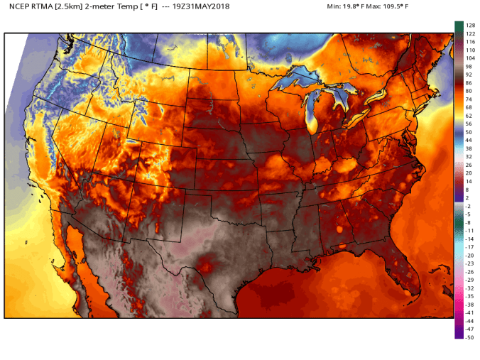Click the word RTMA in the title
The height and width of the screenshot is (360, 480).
[46, 6]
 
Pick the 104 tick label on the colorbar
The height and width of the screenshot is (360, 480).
[469, 58]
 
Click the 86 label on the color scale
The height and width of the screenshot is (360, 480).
[469, 82]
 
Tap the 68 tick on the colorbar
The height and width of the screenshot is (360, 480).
[469, 107]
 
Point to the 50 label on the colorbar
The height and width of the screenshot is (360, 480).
[469, 132]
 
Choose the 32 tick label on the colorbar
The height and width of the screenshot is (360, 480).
[469, 156]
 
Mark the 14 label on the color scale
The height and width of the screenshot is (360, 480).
[469, 181]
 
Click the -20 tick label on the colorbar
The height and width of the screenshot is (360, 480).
[469, 255]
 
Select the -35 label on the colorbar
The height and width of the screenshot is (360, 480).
[469, 296]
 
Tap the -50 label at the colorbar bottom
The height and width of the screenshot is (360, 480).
[469, 337]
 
